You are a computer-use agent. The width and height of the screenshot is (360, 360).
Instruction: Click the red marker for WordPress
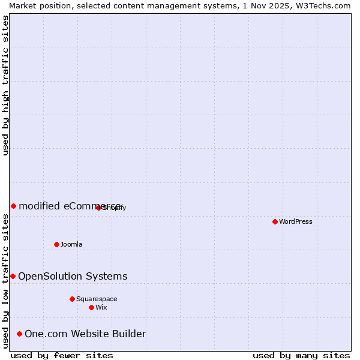[x=275, y=221]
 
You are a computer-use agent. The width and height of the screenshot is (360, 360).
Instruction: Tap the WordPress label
[x=296, y=221]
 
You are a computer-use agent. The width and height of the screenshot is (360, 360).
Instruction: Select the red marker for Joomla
[x=56, y=244]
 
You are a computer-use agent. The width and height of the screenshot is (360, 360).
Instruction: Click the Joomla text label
[x=71, y=244]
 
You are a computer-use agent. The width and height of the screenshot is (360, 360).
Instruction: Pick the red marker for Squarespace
[x=72, y=299]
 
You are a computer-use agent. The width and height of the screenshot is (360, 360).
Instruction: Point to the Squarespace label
[x=97, y=299]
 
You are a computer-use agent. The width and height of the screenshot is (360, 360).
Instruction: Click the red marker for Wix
[x=91, y=307]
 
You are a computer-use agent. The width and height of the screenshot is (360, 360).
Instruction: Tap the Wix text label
[x=101, y=307]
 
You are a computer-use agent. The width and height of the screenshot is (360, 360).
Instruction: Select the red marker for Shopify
[x=98, y=208]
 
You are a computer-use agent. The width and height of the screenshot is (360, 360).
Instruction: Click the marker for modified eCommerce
[x=13, y=206]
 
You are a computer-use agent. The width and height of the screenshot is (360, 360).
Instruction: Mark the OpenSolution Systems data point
[x=13, y=276]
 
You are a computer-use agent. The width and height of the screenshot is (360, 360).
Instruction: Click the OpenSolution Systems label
[x=73, y=276]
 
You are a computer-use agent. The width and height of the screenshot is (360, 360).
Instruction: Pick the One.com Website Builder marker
[x=19, y=334]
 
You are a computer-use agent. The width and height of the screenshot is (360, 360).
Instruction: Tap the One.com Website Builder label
[x=85, y=334]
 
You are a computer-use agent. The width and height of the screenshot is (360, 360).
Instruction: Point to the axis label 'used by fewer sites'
[x=62, y=355]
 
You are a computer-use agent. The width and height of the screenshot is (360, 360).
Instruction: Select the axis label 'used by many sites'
[x=301, y=355]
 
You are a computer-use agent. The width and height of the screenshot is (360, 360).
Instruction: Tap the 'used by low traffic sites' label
[x=5, y=281]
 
